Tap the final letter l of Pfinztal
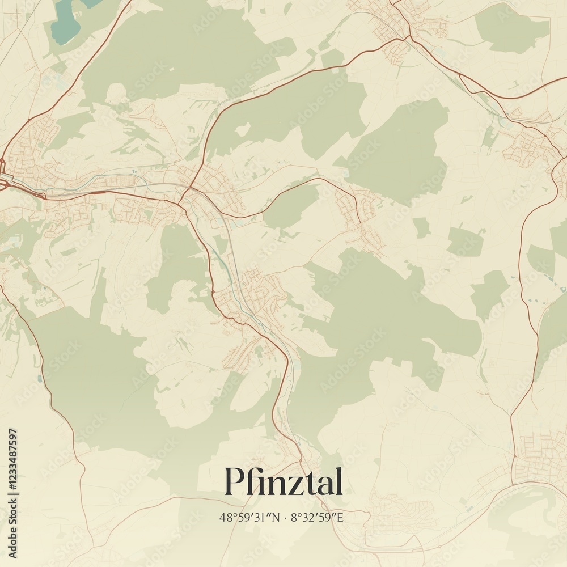tap(338, 481)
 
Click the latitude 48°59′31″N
tap(249, 517)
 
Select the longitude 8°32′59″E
tap(318, 517)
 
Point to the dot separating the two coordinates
tap(285, 517)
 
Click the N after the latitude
tap(276, 517)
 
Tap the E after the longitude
tap(340, 517)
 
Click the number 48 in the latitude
tap(225, 517)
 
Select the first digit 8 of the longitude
tap(294, 517)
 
